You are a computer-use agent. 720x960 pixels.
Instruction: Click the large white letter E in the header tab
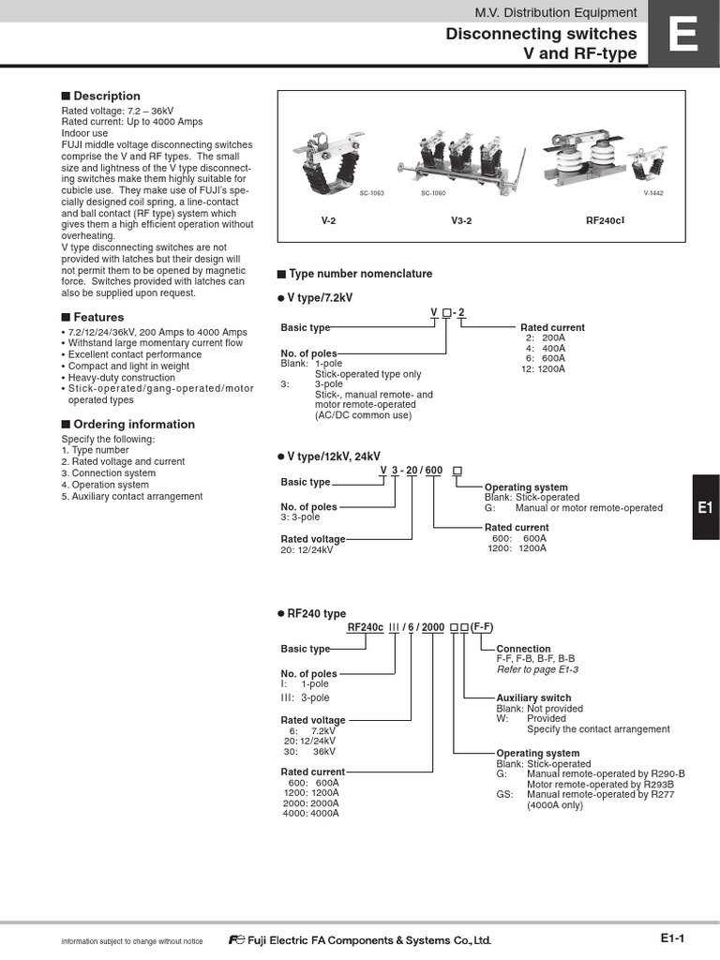[x=683, y=39]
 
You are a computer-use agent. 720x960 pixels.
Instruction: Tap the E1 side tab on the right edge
[x=706, y=507]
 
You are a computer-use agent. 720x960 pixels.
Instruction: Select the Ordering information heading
[x=127, y=424]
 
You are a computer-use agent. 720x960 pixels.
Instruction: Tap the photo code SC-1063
[x=372, y=192]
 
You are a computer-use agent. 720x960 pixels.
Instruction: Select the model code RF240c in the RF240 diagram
[x=366, y=627]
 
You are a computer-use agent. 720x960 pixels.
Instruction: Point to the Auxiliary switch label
[x=533, y=698]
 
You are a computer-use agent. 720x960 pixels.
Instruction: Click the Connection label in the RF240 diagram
[x=523, y=649]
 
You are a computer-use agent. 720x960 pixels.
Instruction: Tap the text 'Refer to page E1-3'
[x=537, y=669]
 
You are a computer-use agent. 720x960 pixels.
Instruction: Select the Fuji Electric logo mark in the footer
[x=235, y=940]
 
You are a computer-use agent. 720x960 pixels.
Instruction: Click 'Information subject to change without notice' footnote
[x=131, y=941]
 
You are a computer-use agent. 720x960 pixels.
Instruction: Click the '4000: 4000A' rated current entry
[x=310, y=813]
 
